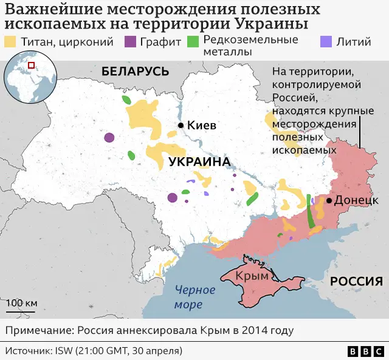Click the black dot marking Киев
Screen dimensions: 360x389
(181, 126)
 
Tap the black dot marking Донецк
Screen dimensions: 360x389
(329, 200)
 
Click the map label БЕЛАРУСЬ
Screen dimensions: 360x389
(135, 71)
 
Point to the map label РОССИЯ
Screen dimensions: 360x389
(356, 281)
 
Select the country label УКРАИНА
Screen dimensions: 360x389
(199, 162)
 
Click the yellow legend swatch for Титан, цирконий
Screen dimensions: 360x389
(10, 42)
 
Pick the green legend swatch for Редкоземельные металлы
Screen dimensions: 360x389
(193, 42)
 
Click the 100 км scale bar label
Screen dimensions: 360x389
(22, 303)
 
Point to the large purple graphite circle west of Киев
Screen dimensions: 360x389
(109, 138)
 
